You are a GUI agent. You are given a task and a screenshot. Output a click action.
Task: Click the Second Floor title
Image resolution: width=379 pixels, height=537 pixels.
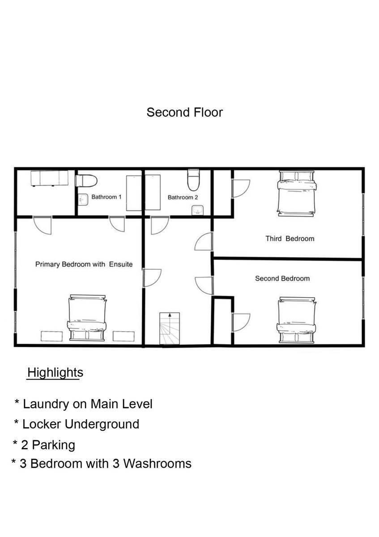click(x=185, y=112)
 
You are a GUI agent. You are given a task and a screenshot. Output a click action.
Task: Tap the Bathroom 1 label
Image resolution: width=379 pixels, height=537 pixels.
click(x=106, y=197)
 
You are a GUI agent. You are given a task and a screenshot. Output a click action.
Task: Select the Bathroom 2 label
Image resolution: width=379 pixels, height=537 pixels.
click(x=183, y=197)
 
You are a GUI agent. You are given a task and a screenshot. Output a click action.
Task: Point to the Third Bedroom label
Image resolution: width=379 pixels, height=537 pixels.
click(x=290, y=239)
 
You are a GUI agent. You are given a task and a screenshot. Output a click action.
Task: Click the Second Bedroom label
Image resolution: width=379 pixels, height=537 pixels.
click(x=282, y=278)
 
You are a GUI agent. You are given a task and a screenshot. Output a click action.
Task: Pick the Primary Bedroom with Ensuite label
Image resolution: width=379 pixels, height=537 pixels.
click(x=84, y=264)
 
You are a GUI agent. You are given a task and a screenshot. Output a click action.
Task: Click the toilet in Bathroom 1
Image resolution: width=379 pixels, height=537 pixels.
click(x=86, y=181)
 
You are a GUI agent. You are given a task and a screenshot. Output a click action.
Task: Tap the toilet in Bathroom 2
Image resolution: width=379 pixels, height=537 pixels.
click(x=193, y=180)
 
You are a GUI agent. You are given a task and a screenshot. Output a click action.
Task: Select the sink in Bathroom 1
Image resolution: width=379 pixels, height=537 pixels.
click(x=83, y=200)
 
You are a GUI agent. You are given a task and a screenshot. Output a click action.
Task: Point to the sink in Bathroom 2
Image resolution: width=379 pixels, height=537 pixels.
click(x=197, y=210)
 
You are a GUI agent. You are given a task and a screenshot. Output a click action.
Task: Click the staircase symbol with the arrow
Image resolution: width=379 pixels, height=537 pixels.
click(x=170, y=328)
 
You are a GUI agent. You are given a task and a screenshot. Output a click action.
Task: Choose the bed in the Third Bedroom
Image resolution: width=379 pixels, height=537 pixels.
click(x=296, y=193)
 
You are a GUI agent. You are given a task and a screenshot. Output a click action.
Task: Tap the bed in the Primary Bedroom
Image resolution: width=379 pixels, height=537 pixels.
click(x=87, y=318)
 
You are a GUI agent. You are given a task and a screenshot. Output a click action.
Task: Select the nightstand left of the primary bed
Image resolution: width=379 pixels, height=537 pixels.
click(x=52, y=336)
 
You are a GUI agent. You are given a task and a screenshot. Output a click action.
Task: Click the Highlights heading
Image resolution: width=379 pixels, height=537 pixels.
click(x=55, y=372)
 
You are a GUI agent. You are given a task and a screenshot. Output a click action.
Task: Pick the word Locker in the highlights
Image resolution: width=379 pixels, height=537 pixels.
click(x=42, y=424)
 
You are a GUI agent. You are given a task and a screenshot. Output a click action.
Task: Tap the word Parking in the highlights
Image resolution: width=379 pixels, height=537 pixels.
click(x=53, y=446)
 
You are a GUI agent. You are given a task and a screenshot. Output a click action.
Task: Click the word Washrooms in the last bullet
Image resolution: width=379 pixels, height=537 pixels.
click(x=157, y=464)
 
